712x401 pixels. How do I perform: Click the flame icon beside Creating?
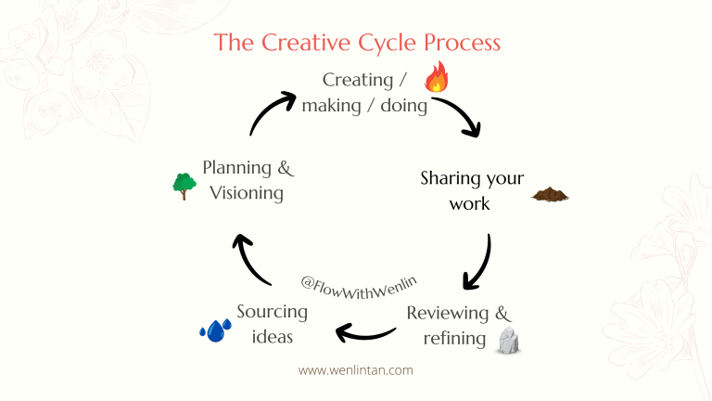click(436, 77)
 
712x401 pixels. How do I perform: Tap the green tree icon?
click(184, 186)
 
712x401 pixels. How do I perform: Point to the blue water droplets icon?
click(216, 330)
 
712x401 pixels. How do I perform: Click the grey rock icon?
click(507, 342)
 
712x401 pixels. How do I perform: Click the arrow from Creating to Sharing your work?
click(458, 116)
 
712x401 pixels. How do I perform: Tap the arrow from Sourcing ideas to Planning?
click(252, 259)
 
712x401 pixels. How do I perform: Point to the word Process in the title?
click(464, 43)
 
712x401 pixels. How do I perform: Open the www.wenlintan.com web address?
click(356, 369)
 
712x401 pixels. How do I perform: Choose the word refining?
click(454, 338)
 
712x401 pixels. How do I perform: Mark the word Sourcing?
click(272, 312)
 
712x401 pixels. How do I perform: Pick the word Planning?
click(235, 168)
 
